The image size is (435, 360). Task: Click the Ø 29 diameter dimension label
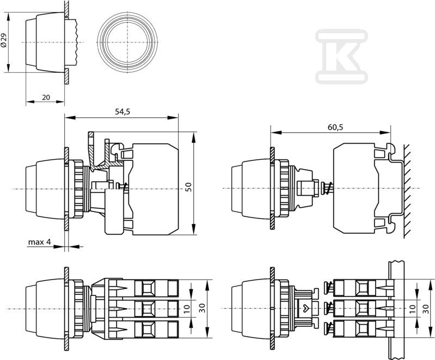pyautogui.click(x=4, y=41)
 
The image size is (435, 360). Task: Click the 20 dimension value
pyautogui.click(x=46, y=97)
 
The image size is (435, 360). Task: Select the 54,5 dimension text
pyautogui.click(x=122, y=111)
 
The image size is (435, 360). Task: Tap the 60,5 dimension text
pyautogui.click(x=335, y=127)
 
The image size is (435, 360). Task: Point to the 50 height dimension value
pyautogui.click(x=188, y=187)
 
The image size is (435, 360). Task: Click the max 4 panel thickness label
pyautogui.click(x=40, y=242)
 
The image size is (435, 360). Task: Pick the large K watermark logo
pyautogui.click(x=341, y=56)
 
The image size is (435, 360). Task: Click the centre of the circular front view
pyautogui.click(x=127, y=42)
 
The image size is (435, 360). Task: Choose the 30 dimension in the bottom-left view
pyautogui.click(x=203, y=308)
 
